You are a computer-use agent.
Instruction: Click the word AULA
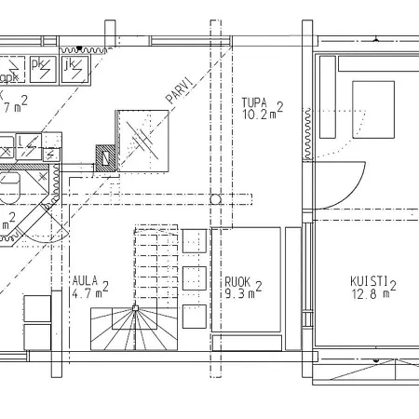(86, 277)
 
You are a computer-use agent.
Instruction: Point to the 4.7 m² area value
(89, 291)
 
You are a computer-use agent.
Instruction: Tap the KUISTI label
(370, 280)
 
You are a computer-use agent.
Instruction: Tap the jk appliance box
(74, 67)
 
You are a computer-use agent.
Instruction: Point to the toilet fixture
(11, 189)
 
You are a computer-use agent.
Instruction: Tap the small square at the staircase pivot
(135, 306)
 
